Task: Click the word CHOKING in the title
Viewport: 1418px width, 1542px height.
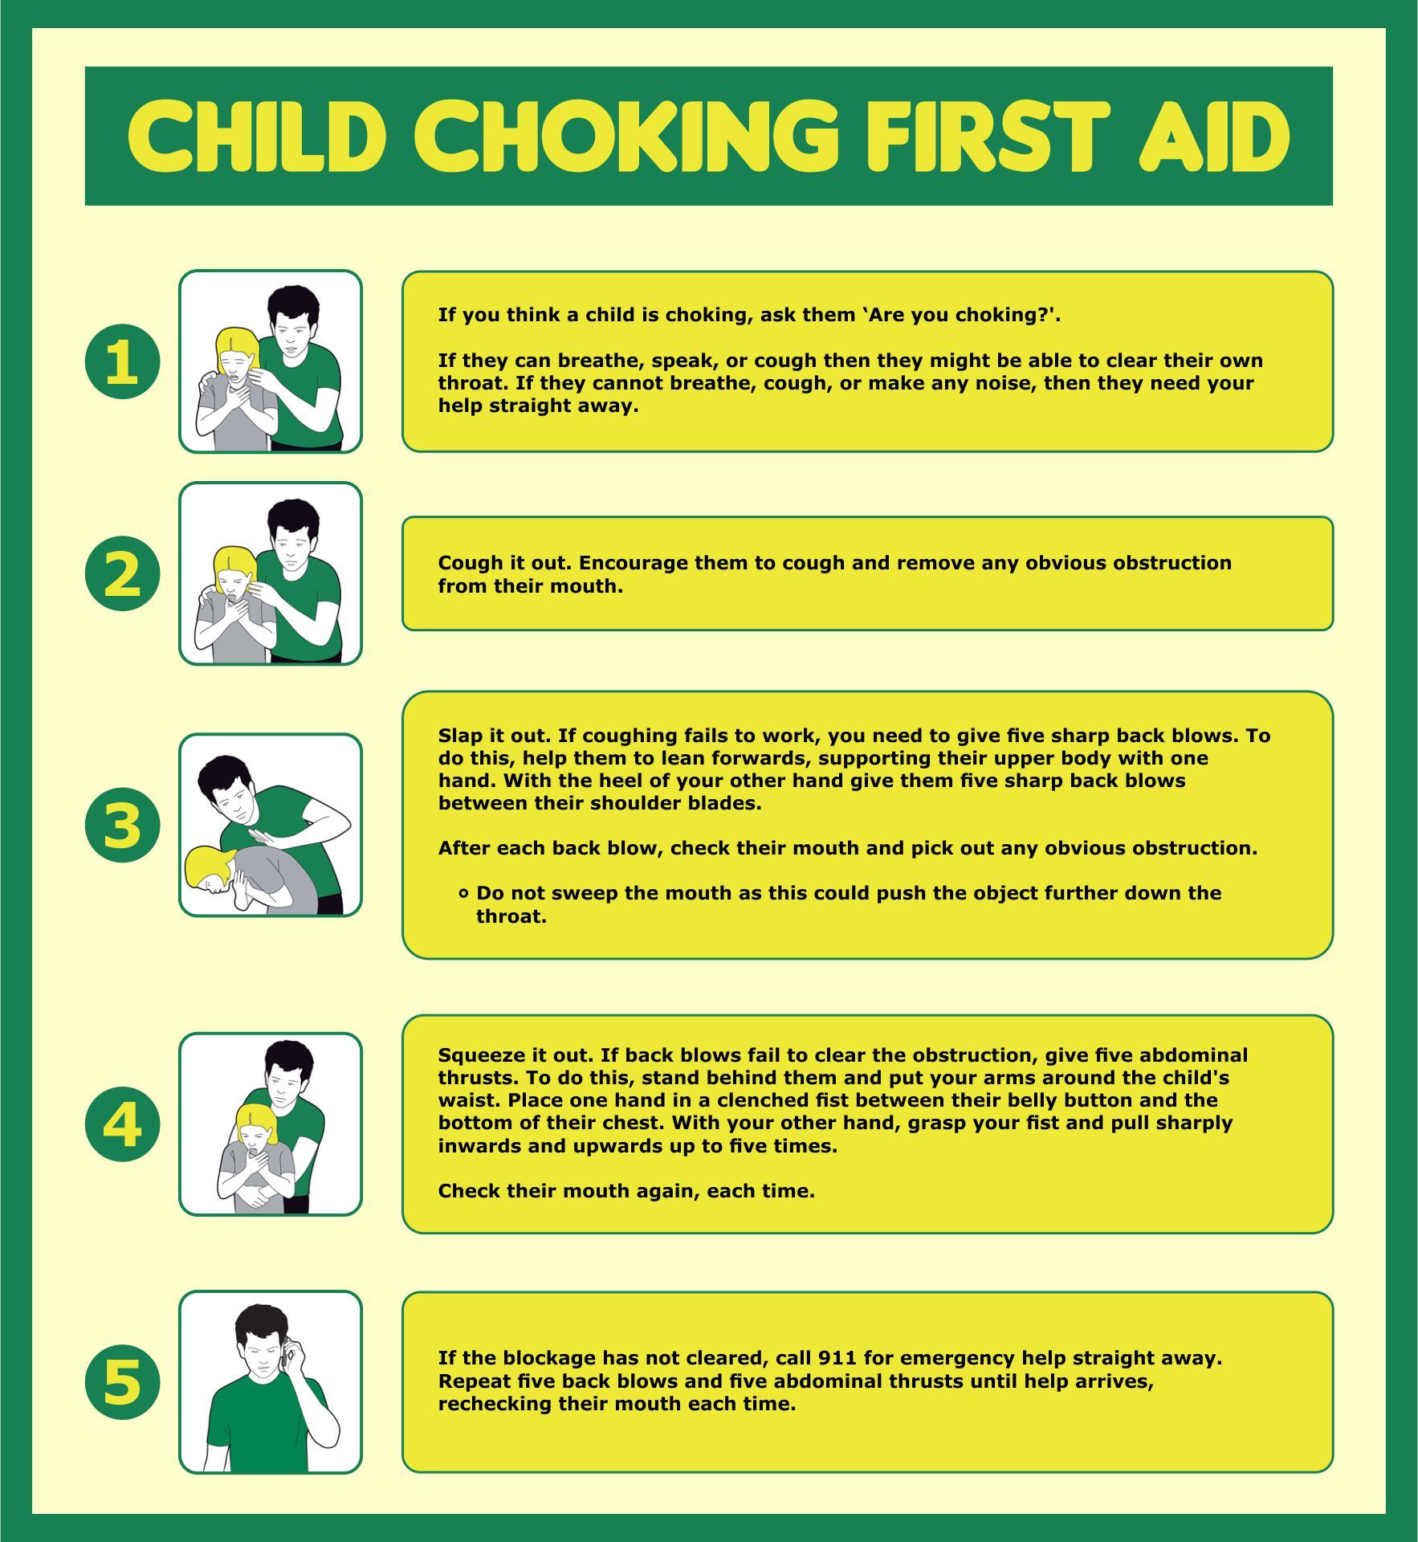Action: click(x=625, y=136)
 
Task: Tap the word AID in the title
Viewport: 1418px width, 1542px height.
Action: click(x=1214, y=136)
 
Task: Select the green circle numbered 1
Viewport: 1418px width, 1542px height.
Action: click(x=122, y=361)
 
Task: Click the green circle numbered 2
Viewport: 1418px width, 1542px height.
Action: click(x=122, y=573)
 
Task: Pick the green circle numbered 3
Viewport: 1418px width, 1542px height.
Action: click(x=122, y=825)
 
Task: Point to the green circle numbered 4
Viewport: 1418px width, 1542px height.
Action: click(x=122, y=1124)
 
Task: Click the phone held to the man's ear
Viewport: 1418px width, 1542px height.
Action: click(x=287, y=1354)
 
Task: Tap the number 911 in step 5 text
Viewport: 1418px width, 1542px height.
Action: click(x=837, y=1358)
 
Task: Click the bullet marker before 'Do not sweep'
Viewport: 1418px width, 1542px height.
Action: click(x=463, y=893)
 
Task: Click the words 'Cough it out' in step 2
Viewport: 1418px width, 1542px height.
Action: click(x=505, y=563)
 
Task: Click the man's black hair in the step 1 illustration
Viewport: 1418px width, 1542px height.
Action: click(x=293, y=302)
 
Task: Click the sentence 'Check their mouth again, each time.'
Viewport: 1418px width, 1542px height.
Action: click(x=626, y=1191)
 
